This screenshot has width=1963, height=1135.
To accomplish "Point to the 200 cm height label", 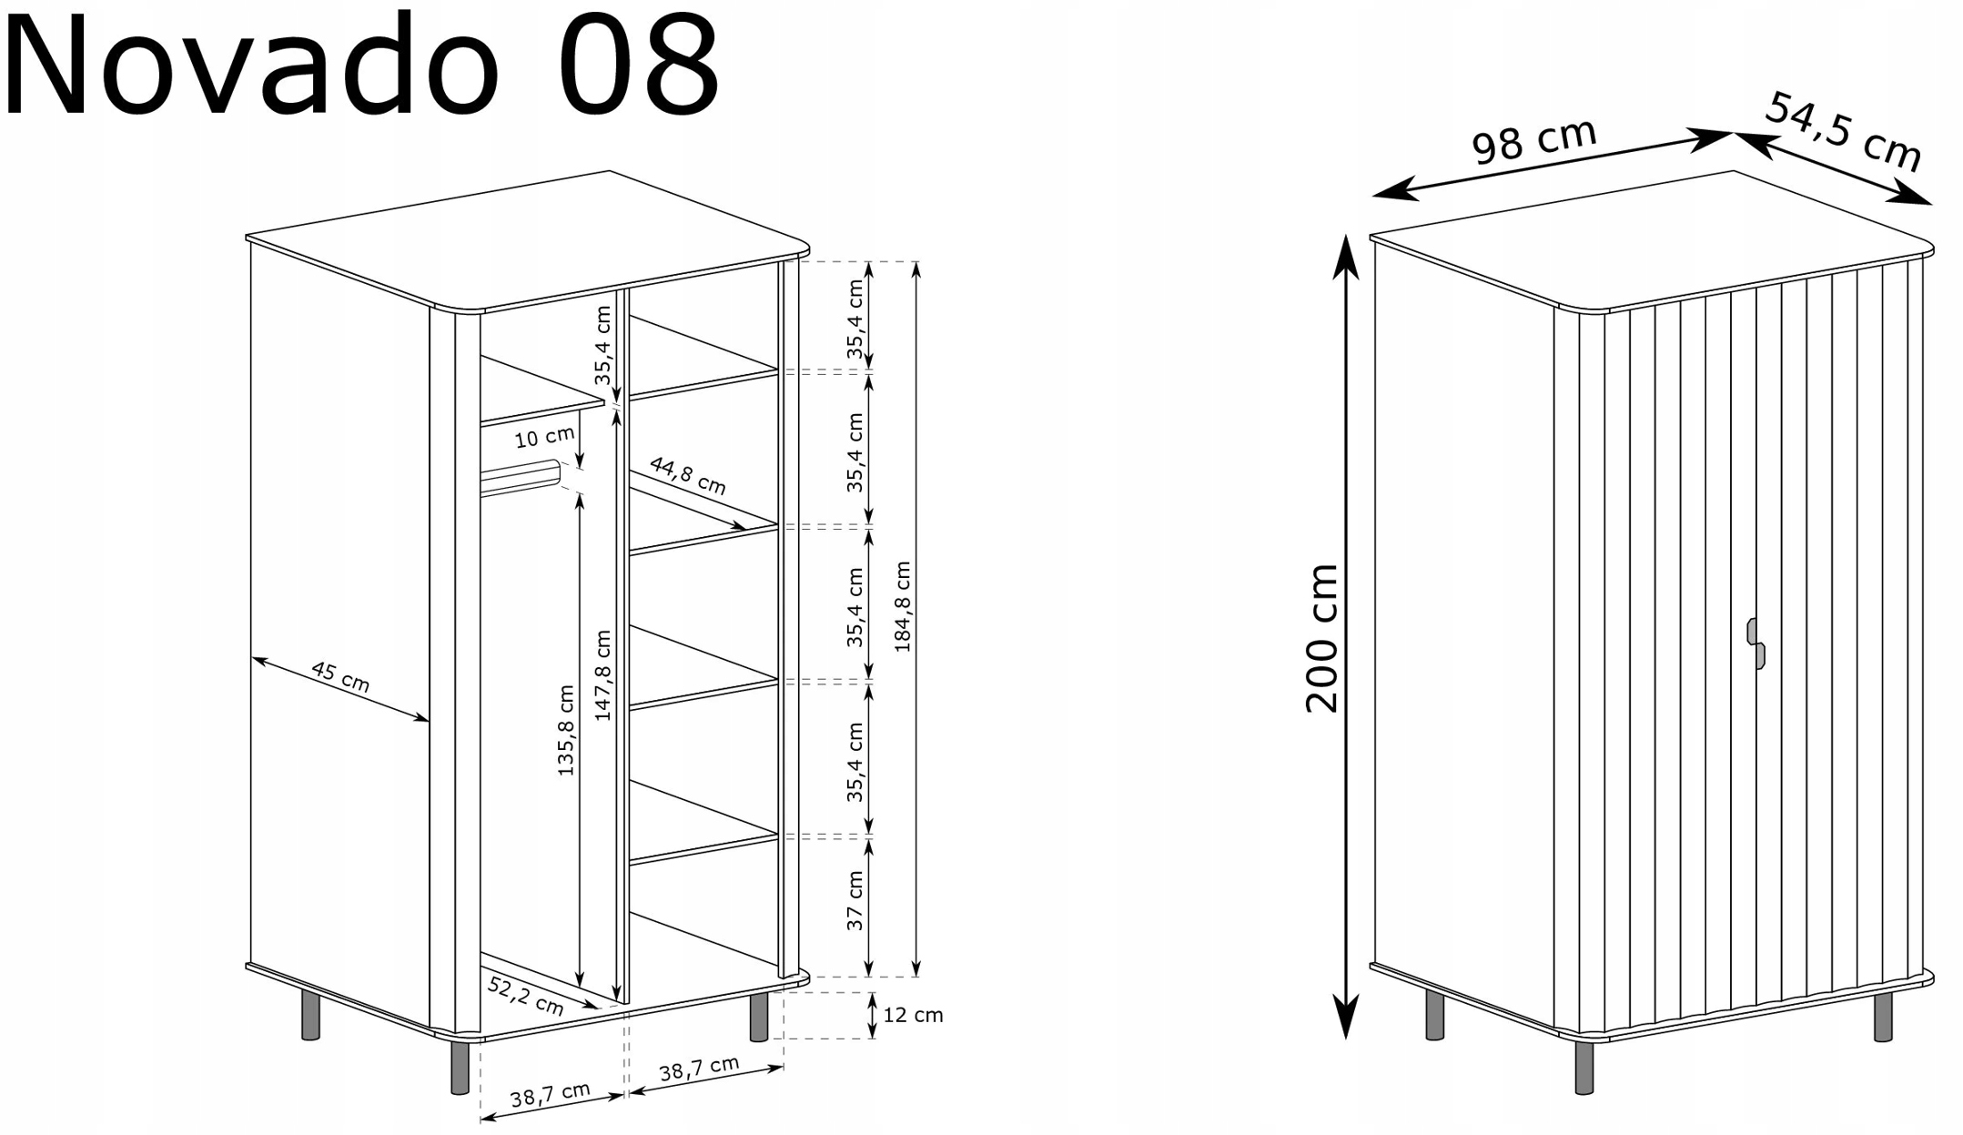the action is coord(1322,638).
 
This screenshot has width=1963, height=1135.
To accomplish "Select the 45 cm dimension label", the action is coord(340,676).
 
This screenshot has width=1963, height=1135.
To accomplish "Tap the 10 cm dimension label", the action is coord(544,437).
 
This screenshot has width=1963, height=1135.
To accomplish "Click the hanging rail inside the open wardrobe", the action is coord(520,479).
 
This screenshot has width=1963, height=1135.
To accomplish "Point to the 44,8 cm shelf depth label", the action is coord(688,475).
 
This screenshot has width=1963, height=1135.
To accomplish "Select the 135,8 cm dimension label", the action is coord(566,730).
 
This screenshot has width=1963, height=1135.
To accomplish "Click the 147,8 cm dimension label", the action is coord(602,675).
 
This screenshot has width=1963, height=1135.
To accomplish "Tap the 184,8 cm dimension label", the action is coord(902,606).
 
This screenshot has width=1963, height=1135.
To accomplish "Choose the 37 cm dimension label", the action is coord(855,900).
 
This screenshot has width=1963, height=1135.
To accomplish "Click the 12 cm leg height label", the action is coord(913,1015).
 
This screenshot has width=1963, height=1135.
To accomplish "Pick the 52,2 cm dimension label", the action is coord(526,995).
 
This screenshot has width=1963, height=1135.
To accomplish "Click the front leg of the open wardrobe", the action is coord(460,1068).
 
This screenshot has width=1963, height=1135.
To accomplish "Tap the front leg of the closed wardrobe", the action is coord(1584,1068).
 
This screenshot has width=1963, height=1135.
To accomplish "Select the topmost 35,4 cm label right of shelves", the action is coord(855,319).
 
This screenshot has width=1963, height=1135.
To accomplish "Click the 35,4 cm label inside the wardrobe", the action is coord(602,345).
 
